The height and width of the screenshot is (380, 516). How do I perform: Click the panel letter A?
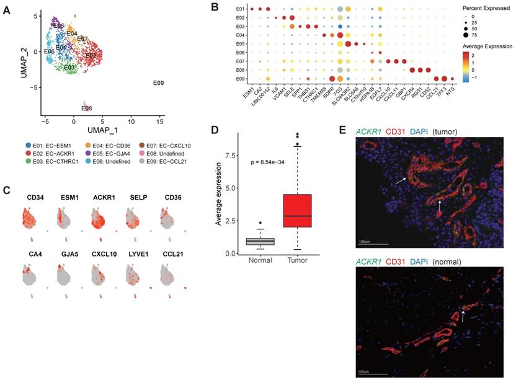click(x=7, y=8)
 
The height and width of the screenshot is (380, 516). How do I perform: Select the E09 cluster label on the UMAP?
click(x=158, y=83)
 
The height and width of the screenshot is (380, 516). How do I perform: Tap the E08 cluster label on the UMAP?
click(x=87, y=108)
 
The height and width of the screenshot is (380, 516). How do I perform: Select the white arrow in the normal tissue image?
click(x=462, y=317)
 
